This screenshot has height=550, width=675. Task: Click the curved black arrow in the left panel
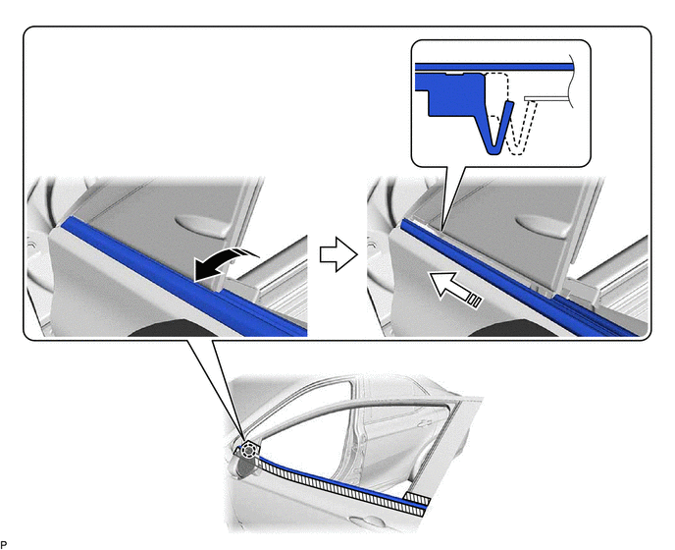(x=225, y=263)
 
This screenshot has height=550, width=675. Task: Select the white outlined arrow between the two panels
(x=338, y=254)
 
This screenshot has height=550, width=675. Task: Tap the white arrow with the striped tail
(x=454, y=290)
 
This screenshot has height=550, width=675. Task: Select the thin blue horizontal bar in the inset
(x=494, y=67)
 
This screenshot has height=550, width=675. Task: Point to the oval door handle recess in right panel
(x=540, y=224)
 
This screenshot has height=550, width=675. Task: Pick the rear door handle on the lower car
(x=426, y=423)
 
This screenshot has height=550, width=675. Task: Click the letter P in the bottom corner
(x=4, y=545)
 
